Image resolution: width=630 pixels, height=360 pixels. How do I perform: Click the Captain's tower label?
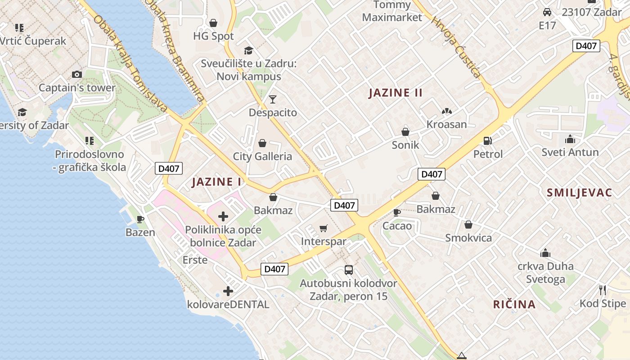pos(77,87)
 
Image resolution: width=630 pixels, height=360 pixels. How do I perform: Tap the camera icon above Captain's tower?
pos(77,74)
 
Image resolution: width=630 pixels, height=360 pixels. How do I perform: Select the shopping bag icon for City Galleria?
pos(262,143)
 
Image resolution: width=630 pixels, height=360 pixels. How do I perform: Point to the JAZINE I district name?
pos(216,182)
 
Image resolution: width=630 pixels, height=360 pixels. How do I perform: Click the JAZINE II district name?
pos(396,93)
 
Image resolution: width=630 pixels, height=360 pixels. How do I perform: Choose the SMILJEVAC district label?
pos(579,193)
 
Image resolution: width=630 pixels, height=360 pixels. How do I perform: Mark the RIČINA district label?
pos(514,304)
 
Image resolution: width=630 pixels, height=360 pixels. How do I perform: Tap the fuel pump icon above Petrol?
pos(487,141)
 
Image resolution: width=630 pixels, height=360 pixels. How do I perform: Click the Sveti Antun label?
pos(570,152)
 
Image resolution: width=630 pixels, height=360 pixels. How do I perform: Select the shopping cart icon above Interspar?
pos(323,229)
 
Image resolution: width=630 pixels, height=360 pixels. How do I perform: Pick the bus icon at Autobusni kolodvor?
pos(348,270)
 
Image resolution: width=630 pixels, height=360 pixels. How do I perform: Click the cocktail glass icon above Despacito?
pos(273,99)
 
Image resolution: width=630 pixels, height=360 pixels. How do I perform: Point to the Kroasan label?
pos(446,124)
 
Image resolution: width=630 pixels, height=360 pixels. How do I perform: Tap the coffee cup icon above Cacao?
pos(396,212)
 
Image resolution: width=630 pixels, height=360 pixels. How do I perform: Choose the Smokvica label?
pos(468,238)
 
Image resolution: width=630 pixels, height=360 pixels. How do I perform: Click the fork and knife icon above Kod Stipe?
pos(603,290)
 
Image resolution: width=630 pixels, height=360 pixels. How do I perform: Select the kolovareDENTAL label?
pos(228,304)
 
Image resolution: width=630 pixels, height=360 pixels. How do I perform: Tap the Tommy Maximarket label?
pos(392,11)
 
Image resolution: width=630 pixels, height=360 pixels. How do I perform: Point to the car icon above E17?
pos(547,12)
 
